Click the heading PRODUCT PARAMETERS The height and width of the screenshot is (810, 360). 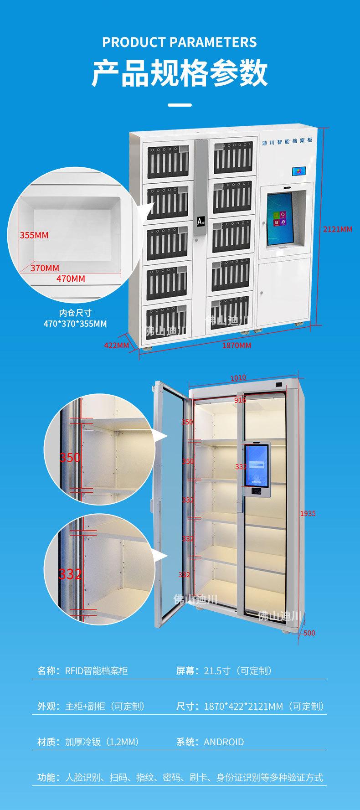pyautogui.click(x=180, y=42)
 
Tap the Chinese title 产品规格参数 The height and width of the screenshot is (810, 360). pyautogui.click(x=180, y=73)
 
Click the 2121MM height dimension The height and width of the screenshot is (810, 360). pyautogui.click(x=338, y=229)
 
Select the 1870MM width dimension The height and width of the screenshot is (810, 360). pyautogui.click(x=237, y=345)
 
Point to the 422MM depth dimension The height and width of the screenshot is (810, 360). pyautogui.click(x=117, y=345)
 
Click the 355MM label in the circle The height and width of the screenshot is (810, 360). pyautogui.click(x=34, y=235)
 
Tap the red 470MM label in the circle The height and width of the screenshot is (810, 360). pyautogui.click(x=70, y=278)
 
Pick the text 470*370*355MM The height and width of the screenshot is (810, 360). pyautogui.click(x=76, y=324)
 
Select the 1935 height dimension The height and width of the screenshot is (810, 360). pyautogui.click(x=308, y=513)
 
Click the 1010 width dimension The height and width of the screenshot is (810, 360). pyautogui.click(x=238, y=377)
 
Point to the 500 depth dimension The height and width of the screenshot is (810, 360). pyautogui.click(x=309, y=633)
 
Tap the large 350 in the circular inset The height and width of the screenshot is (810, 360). pyautogui.click(x=70, y=457)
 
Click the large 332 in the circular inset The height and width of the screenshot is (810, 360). pyautogui.click(x=70, y=573)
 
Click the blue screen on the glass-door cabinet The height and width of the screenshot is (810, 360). pyautogui.click(x=258, y=466)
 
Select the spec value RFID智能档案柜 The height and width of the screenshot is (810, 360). pyautogui.click(x=96, y=671)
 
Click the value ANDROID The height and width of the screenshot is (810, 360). pyautogui.click(x=224, y=742)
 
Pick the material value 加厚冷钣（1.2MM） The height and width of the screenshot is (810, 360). pyautogui.click(x=102, y=742)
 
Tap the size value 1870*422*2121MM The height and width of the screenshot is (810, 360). pyautogui.click(x=243, y=707)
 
